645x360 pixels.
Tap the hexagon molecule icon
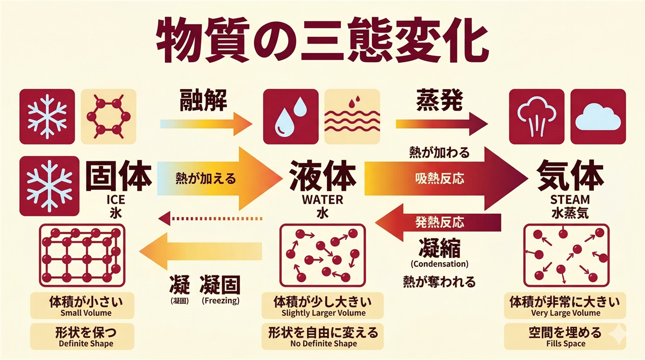108,116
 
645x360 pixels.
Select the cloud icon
598,116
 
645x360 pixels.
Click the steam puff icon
536,117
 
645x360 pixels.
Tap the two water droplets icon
290,116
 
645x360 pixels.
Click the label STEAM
570,200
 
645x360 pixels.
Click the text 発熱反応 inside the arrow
439,222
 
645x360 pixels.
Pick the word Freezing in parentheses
220,301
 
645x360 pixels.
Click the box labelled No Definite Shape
323,336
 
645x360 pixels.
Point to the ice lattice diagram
81,255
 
